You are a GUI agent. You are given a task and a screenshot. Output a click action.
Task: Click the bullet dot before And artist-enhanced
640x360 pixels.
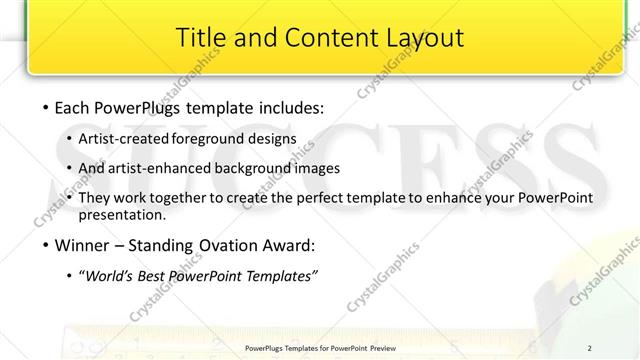point(68,168)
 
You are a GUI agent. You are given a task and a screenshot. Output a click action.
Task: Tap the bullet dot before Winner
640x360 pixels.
point(48,245)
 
